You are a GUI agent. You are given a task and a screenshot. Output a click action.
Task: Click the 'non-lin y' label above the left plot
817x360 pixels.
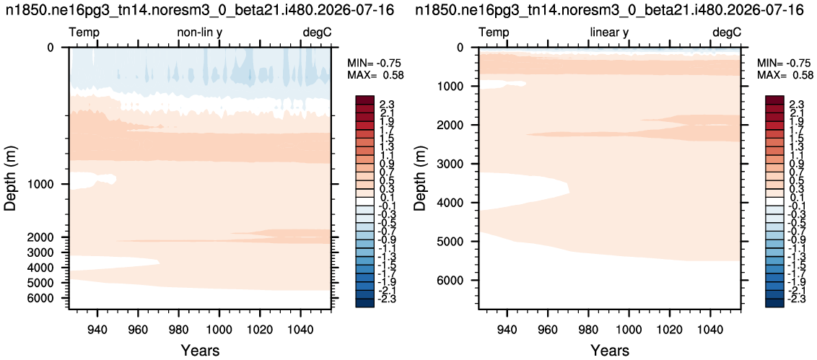tap(200, 33)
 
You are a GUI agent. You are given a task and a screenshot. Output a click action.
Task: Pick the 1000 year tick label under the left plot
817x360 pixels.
tap(219, 322)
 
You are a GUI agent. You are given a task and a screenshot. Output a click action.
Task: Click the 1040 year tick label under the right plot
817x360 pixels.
tap(711, 322)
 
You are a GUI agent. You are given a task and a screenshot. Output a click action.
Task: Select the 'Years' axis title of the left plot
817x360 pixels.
tap(200, 349)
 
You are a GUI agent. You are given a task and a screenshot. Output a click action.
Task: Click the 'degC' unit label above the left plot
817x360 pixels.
tap(318, 33)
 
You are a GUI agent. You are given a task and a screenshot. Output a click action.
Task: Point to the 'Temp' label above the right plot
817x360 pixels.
tap(494, 33)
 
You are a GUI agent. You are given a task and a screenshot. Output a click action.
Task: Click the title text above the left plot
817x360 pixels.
tap(200, 9)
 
